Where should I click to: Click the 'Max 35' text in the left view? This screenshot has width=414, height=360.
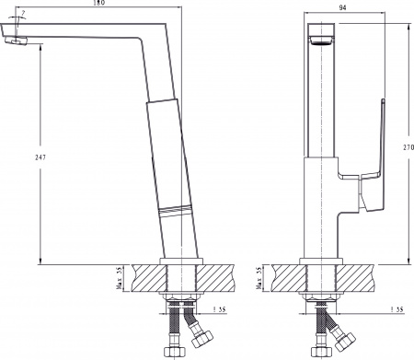click(119, 275)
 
